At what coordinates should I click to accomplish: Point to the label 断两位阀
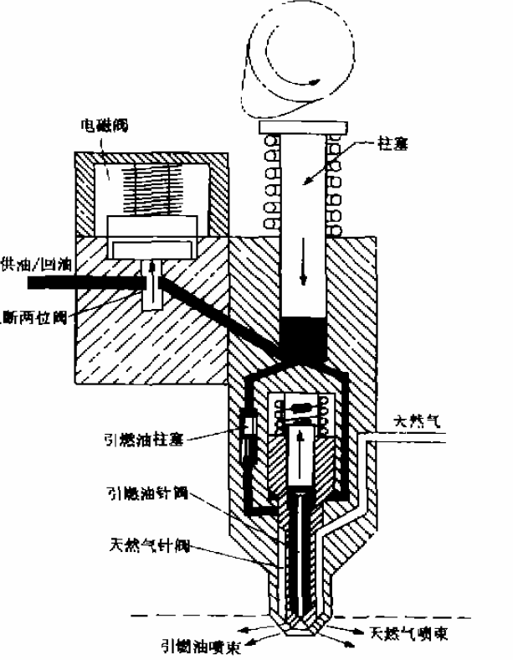coord(40,314)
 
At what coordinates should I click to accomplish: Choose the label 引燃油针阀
coord(147,494)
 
